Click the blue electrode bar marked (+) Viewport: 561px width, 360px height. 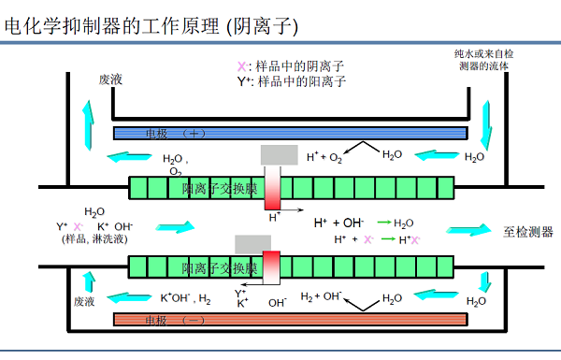coord(290,132)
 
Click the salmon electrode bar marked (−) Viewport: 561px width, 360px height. coord(290,320)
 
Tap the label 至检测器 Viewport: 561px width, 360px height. coord(528,231)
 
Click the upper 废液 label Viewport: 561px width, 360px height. coord(111,81)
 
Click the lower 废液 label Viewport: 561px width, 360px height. coord(85,301)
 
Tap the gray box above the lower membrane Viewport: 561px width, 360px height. coord(253,243)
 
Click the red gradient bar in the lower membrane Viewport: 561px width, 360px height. coord(271,265)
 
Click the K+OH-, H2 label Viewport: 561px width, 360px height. coord(185,299)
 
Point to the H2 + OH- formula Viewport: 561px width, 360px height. coord(321,296)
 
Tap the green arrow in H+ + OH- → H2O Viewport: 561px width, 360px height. coord(383,223)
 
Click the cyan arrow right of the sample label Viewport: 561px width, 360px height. coord(176,227)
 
